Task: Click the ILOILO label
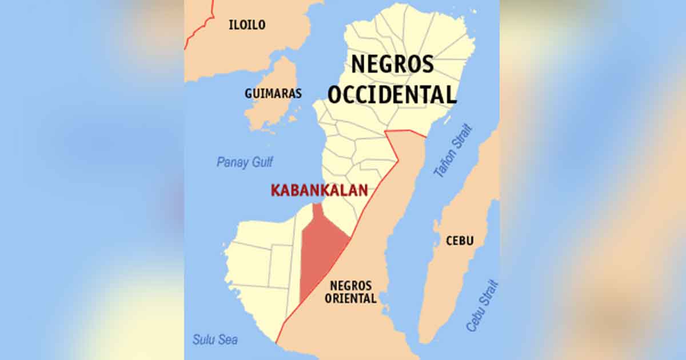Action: click(x=247, y=25)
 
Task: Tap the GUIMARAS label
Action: click(x=273, y=93)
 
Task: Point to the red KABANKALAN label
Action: click(x=319, y=191)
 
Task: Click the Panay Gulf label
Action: click(x=245, y=162)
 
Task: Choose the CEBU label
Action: click(x=460, y=241)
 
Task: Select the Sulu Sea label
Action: click(x=215, y=340)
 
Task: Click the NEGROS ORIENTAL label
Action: click(x=350, y=291)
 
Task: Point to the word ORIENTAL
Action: click(x=350, y=298)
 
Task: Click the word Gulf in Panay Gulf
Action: click(x=260, y=162)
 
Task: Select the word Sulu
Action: click(x=203, y=340)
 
